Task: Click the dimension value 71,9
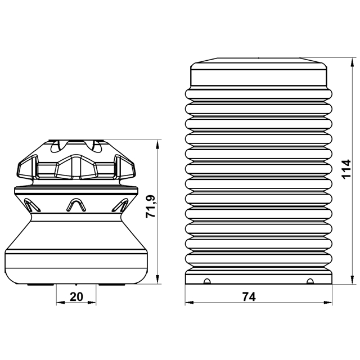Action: click(151, 206)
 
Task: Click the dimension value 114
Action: click(346, 169)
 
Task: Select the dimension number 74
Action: click(249, 297)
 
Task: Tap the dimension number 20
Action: click(76, 296)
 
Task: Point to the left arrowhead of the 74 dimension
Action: click(189, 303)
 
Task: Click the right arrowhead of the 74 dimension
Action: click(328, 303)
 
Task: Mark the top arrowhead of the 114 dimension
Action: click(352, 62)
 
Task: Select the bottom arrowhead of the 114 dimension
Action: click(352, 280)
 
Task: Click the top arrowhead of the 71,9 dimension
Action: click(157, 144)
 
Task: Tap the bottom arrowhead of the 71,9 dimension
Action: click(157, 280)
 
